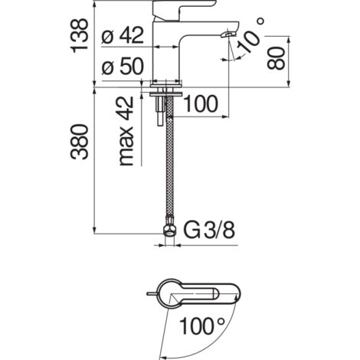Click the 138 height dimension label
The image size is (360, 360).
(x=80, y=36)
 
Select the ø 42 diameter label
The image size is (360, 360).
(x=123, y=35)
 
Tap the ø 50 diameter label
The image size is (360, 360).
(x=123, y=66)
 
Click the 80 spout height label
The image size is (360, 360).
(x=276, y=58)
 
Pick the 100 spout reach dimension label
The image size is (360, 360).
(x=201, y=104)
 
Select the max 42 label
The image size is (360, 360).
(x=126, y=131)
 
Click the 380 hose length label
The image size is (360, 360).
(x=80, y=142)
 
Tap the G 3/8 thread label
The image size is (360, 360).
(x=209, y=231)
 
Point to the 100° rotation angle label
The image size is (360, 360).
(x=201, y=326)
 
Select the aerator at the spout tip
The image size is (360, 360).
(x=228, y=34)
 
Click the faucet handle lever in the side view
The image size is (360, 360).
(x=183, y=9)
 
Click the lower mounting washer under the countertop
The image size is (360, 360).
(x=166, y=94)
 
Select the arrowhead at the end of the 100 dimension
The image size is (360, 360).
(x=225, y=117)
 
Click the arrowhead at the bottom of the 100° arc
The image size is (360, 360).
(x=162, y=357)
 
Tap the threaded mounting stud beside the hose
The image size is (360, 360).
(x=161, y=106)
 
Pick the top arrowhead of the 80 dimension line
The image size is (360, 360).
(x=289, y=40)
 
